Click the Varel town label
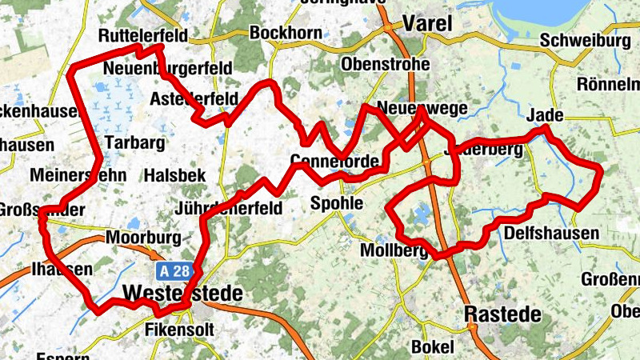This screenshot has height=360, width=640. [428, 24]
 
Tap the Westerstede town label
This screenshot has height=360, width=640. [184, 294]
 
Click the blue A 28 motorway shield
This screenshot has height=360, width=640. [174, 270]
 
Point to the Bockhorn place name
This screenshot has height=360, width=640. [286, 33]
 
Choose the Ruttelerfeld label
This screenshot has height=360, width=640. [143, 36]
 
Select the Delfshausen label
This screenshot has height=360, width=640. [552, 234]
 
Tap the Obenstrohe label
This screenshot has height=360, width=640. [386, 64]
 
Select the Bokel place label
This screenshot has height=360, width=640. [432, 346]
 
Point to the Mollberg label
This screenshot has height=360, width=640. [395, 251]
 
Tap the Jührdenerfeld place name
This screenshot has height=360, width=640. [228, 209]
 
